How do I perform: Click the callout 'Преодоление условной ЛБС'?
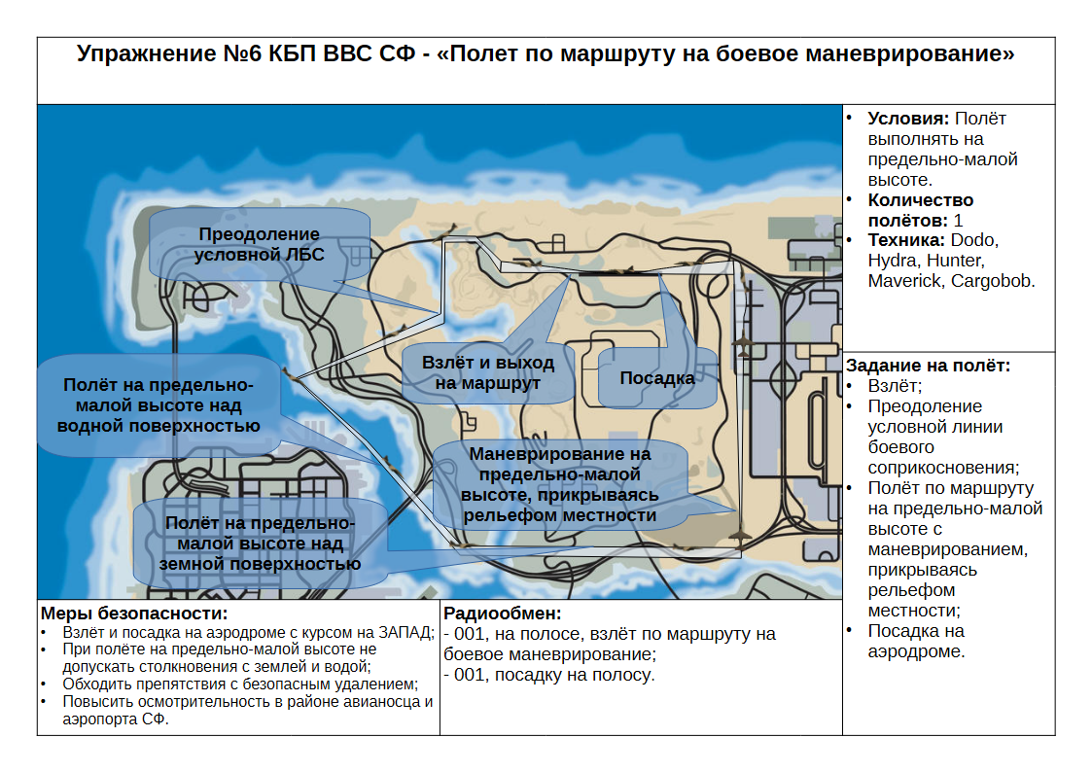click(x=259, y=244)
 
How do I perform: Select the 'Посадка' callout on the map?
click(x=657, y=378)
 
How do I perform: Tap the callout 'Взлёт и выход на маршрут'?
click(x=488, y=373)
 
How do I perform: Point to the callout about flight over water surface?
click(x=159, y=405)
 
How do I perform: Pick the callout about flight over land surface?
click(x=260, y=543)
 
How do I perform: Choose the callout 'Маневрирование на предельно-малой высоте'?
click(x=560, y=484)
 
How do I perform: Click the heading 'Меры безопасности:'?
click(x=134, y=614)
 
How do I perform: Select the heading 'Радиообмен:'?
click(x=502, y=614)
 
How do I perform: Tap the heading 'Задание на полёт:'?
click(x=928, y=366)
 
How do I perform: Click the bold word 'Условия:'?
click(x=908, y=119)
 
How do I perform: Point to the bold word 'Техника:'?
click(x=906, y=240)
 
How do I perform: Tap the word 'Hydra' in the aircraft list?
click(x=890, y=261)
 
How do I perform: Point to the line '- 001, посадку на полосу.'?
click(x=549, y=675)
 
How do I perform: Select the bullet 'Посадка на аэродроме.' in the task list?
click(x=917, y=641)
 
